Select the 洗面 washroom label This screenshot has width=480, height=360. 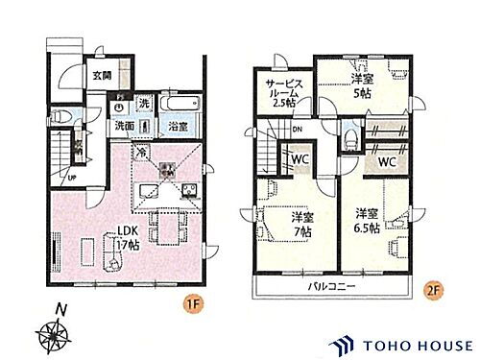click(126, 126)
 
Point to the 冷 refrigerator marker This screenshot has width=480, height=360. click(142, 151)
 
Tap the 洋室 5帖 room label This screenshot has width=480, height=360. click(361, 86)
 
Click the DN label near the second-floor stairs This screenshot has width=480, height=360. click(298, 130)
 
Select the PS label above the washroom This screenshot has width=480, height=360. click(119, 98)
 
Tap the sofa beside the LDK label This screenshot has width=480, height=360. click(105, 257)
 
